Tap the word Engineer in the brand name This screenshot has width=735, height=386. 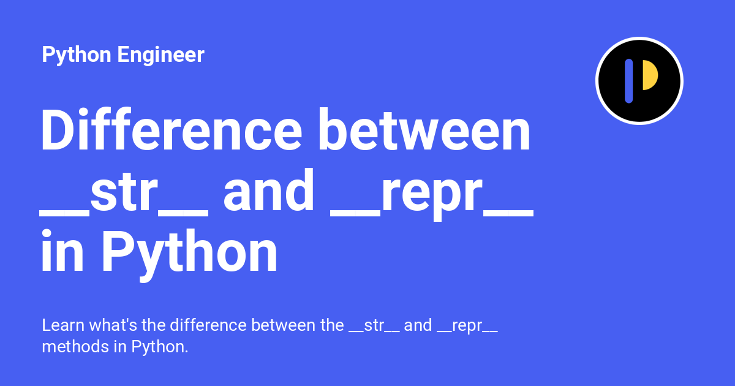160,56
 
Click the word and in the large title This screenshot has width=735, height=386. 269,191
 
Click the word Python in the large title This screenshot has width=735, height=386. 189,254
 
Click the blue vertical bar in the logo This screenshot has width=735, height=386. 628,81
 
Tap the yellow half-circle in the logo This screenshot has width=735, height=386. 649,75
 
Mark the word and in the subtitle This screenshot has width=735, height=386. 418,325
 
